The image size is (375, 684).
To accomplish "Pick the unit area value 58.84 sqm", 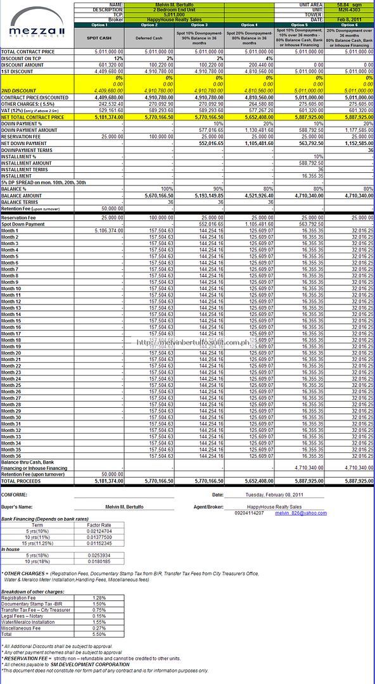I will tap(349, 5).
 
